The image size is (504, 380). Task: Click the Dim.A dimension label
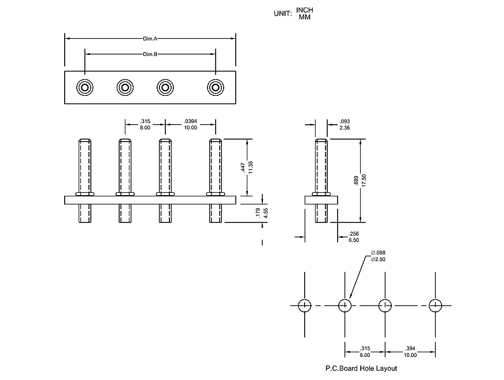tap(150, 39)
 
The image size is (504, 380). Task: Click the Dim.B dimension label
tap(150, 54)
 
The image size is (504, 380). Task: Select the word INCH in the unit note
tap(305, 10)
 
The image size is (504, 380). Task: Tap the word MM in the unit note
tap(305, 17)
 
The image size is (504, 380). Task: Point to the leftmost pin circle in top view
tap(85, 88)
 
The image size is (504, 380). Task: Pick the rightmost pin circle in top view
tap(216, 88)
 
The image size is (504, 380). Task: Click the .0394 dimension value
tap(190, 121)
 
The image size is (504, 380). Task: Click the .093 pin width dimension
tap(346, 121)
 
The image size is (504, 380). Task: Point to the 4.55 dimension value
tap(265, 212)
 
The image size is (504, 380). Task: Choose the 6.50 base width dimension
tap(354, 240)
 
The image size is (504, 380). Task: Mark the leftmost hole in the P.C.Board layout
tap(305, 305)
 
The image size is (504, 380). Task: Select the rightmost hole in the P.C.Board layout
tap(436, 305)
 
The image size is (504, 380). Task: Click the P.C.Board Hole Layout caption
tap(361, 368)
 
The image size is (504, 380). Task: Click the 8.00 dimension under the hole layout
tap(364, 355)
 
